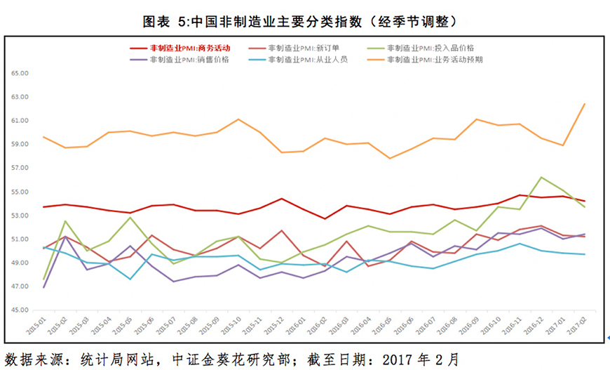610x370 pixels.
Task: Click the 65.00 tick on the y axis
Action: (x=19, y=73)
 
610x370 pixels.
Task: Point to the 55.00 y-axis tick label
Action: (x=19, y=192)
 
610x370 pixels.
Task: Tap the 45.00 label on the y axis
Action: (x=19, y=310)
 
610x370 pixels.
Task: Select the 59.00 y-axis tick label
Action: (x=19, y=144)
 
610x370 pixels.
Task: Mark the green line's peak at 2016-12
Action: (x=542, y=177)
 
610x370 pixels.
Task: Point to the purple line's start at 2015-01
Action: (x=43, y=287)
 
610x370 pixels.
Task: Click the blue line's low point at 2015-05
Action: (x=130, y=279)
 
